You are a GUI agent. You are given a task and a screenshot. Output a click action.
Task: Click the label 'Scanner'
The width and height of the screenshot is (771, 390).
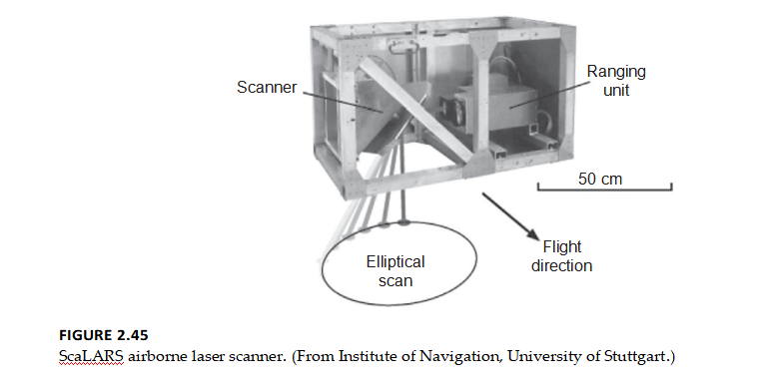click(267, 87)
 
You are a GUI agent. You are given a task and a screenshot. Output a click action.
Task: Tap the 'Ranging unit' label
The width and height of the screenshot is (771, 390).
click(616, 80)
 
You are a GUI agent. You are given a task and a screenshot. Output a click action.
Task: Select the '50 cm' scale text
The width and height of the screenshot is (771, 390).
click(600, 179)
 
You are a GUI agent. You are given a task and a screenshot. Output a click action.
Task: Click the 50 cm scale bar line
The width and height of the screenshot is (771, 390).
click(604, 190)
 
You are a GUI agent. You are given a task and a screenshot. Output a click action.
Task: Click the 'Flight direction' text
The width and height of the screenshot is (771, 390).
click(561, 256)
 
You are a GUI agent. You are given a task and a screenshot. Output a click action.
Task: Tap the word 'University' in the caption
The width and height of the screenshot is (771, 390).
click(546, 357)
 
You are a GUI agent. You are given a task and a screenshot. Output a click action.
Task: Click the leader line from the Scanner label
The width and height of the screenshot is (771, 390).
click(335, 99)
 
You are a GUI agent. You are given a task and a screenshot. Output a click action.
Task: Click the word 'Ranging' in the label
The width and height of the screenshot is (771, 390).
click(616, 71)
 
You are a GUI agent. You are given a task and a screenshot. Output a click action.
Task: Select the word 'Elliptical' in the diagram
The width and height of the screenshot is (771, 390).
click(394, 262)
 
